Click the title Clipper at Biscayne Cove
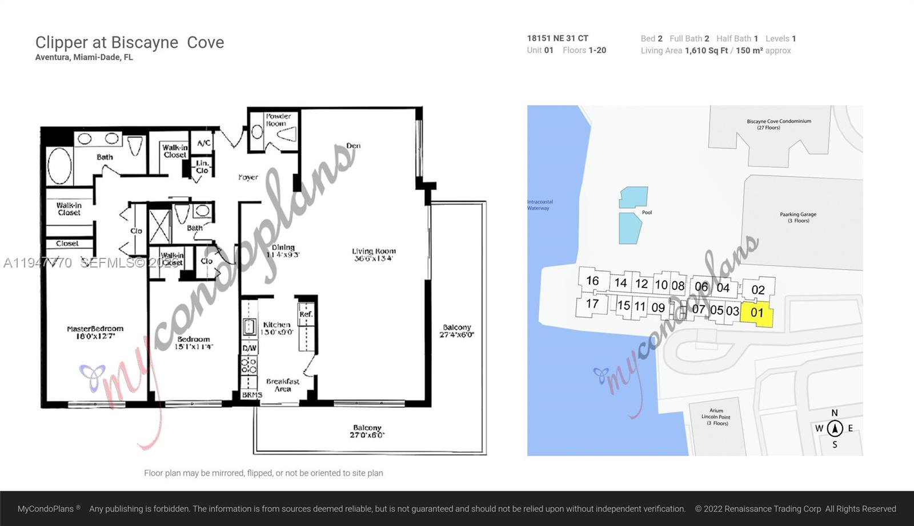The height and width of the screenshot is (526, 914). pos(130,43)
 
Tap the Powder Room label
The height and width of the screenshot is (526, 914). pos(278,120)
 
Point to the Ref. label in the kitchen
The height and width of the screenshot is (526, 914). pos(306,314)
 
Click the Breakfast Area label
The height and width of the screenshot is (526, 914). pos(283,385)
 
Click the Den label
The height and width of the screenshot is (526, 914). pos(353,146)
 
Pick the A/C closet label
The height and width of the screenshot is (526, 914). pos(204,143)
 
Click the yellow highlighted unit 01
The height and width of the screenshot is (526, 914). pos(757,313)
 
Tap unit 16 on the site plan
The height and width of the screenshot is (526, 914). pos(592,281)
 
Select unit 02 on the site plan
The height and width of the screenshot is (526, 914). pos(758,290)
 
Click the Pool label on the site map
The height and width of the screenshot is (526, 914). pos(647,212)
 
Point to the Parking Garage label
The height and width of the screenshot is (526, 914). pos(798,217)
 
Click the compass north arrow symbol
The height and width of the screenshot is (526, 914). pos(835,428)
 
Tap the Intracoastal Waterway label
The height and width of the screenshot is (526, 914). pos(540,205)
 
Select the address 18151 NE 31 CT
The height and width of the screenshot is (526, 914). pos(557,38)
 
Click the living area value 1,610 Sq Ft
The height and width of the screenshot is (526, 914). pos(706,51)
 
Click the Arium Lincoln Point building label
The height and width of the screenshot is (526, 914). pos(716,416)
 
